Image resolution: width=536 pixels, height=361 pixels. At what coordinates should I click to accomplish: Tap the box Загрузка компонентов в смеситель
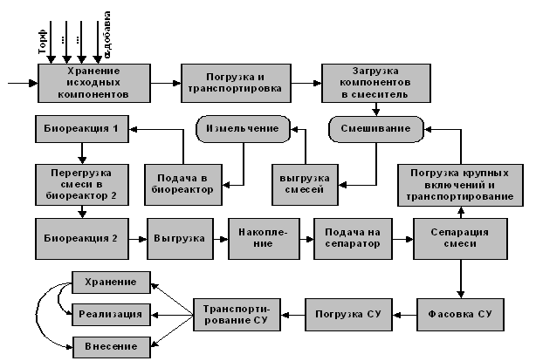click(x=375, y=83)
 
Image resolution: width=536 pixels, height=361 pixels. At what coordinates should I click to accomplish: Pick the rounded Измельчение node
click(x=243, y=129)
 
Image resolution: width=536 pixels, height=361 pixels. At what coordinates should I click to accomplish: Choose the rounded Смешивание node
click(x=375, y=129)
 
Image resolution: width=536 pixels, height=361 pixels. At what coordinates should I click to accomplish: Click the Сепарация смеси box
click(x=458, y=237)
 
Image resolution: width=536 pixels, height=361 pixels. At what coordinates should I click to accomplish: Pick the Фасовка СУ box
click(x=458, y=311)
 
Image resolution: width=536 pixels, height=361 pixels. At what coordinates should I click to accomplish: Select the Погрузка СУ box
click(x=348, y=311)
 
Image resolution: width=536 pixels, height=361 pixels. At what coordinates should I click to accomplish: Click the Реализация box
click(x=111, y=312)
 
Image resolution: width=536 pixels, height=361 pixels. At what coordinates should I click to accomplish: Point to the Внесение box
click(x=111, y=346)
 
